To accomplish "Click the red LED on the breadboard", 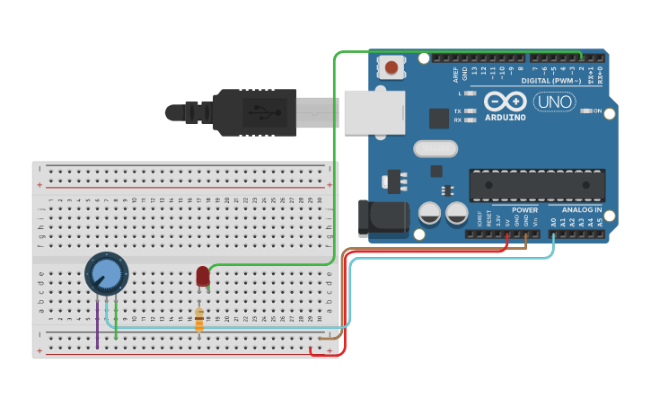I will click(x=203, y=275).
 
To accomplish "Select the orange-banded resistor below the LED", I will click(x=199, y=319).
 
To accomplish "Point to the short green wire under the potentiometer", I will click(x=116, y=323).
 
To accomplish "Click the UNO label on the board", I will click(x=554, y=102).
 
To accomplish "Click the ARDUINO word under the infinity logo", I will click(x=505, y=117).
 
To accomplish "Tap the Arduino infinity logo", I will click(x=505, y=102).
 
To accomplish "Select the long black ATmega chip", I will click(x=537, y=185).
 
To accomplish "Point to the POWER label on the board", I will click(x=524, y=209).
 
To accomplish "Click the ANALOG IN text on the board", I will click(x=582, y=209).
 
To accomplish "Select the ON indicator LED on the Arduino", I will click(x=585, y=111).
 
